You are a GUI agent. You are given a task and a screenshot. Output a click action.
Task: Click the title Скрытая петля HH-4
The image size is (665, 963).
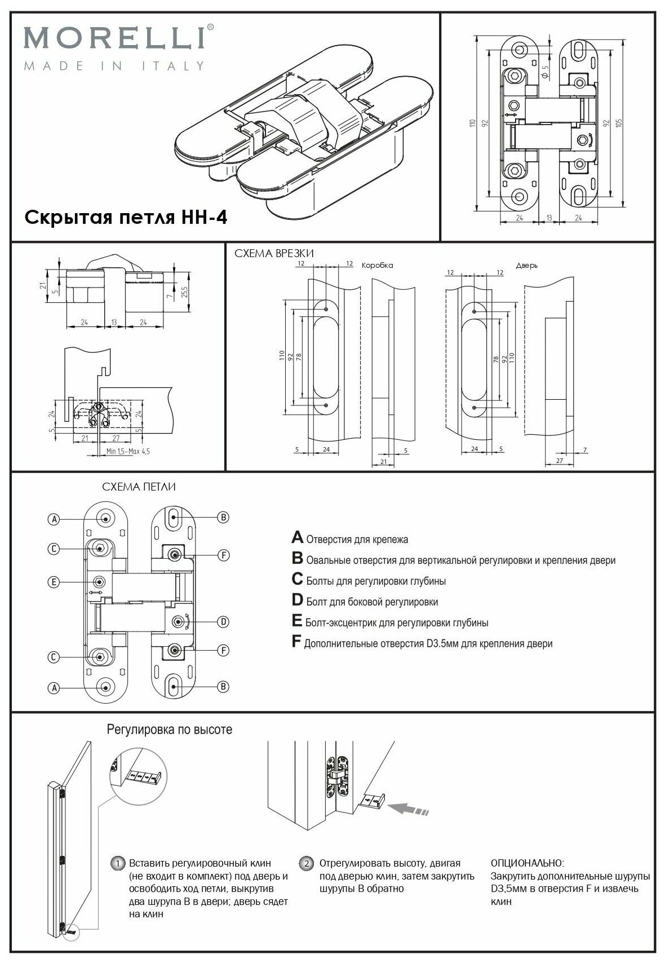coord(126,217)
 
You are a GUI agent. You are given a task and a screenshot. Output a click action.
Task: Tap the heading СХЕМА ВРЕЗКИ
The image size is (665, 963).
coord(274,253)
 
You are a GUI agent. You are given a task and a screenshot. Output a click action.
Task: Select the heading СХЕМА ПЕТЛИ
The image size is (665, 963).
coord(143,487)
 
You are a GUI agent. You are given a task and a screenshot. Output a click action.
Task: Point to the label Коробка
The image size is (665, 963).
coord(377,265)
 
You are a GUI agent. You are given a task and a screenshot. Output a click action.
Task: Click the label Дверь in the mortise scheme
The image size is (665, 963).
coord(526,265)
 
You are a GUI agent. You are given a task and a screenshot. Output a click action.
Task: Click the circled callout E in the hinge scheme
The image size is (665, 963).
coord(54,582)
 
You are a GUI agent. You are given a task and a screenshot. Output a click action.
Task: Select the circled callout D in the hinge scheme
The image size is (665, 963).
coord(223,622)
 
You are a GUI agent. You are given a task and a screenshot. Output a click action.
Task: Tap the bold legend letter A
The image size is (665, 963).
coord(298,537)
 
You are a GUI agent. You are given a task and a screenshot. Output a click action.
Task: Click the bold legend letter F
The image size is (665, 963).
coord(296,642)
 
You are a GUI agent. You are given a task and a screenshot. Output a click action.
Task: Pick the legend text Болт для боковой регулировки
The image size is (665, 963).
coord(372,602)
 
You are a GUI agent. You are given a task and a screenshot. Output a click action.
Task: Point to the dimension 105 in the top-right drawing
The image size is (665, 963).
coord(619,124)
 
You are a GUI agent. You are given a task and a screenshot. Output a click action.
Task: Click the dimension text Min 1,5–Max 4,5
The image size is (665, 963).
coord(128,452)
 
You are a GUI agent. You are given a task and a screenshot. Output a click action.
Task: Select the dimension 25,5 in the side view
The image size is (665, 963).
coord(184,291)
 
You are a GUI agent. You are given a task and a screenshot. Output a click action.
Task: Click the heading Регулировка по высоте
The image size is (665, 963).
coord(169,730)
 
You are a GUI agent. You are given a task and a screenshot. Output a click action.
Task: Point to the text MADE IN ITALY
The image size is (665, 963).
coord(113,66)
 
